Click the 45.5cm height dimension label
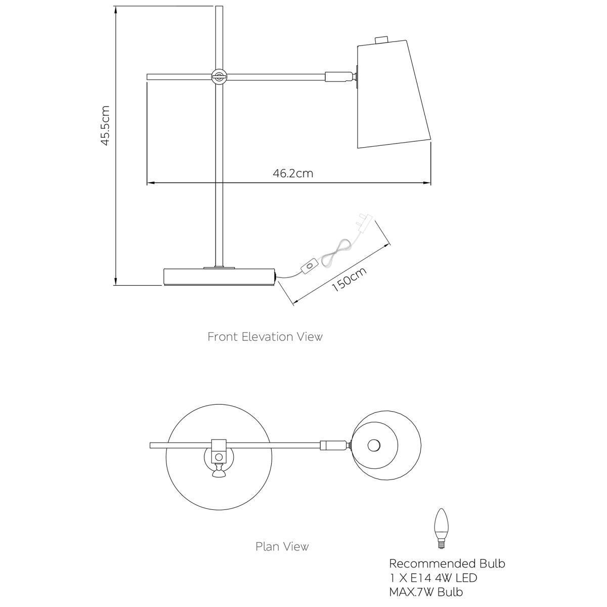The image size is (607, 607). click(x=105, y=125)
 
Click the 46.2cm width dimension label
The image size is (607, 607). click(x=293, y=174)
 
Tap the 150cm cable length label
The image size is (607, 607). click(x=349, y=279)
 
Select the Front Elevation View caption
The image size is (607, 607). click(x=265, y=337)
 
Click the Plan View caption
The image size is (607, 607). click(x=282, y=546)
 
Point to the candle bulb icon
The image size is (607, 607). click(x=441, y=533)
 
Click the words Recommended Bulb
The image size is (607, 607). click(x=447, y=563)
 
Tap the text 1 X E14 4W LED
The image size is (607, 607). click(x=433, y=578)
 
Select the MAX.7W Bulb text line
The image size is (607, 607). click(x=426, y=592)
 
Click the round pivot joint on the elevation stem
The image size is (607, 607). click(x=219, y=76)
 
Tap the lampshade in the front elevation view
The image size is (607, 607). click(x=394, y=94)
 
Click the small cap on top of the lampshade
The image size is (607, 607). click(x=381, y=40)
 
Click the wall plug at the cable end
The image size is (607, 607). click(x=365, y=223)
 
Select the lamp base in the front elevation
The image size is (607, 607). click(x=220, y=277)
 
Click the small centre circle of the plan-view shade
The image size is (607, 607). click(x=374, y=446)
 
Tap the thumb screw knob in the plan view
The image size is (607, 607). click(x=219, y=473)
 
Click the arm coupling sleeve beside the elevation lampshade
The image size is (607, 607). click(x=338, y=76)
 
